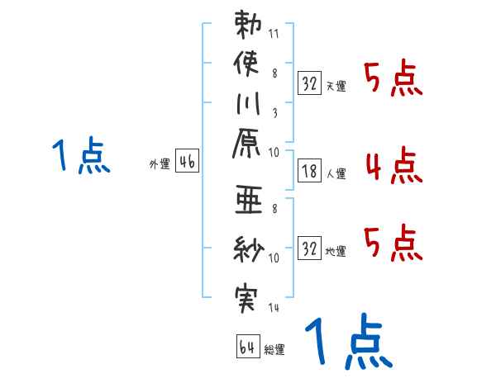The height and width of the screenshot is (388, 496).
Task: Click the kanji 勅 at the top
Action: (246, 26)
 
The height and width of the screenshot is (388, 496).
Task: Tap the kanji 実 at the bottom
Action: (246, 297)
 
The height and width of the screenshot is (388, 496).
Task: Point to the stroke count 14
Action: (275, 308)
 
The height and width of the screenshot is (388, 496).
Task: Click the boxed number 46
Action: (187, 163)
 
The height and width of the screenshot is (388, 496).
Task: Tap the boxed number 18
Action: (309, 171)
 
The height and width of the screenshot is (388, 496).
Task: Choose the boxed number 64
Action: (246, 348)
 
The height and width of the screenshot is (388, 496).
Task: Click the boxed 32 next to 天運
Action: (309, 83)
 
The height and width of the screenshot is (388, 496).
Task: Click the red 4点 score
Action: (393, 165)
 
